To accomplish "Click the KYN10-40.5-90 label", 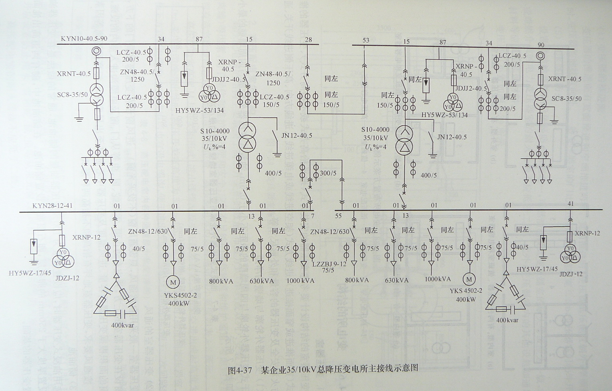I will [84, 39].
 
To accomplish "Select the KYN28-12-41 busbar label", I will [53, 206].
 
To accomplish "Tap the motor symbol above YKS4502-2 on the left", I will [173, 282].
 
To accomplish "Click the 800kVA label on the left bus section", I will [221, 281].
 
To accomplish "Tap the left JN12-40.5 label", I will [297, 135].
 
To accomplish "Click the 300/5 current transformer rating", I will [328, 173].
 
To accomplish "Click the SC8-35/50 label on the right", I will [566, 99].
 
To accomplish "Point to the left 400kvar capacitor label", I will [122, 325].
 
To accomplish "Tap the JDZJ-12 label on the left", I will [68, 278].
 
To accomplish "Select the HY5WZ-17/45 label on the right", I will [537, 269].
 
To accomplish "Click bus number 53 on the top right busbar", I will [366, 40].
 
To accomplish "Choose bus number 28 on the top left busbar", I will [308, 39].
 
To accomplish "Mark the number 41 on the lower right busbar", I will [571, 204].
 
